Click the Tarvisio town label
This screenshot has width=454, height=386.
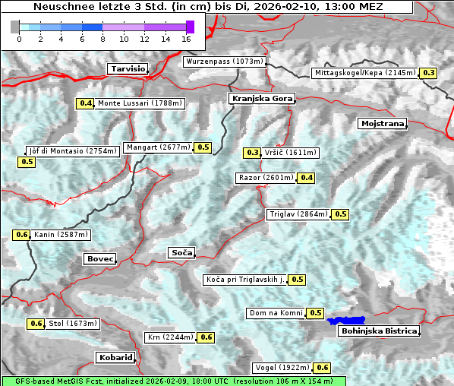(127, 68)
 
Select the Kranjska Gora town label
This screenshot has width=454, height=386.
(260, 99)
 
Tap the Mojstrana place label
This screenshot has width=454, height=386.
(383, 123)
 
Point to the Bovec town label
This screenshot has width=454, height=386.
(99, 259)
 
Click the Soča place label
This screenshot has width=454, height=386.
(181, 252)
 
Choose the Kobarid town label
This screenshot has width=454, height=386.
(115, 357)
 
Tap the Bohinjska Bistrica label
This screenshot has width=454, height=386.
(378, 331)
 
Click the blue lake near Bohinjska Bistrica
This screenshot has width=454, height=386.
(346, 321)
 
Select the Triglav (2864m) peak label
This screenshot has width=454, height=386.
(298, 214)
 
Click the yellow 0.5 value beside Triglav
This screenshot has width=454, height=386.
(340, 214)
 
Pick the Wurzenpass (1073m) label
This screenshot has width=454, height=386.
(225, 62)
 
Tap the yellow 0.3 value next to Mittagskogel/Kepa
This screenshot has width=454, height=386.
(429, 73)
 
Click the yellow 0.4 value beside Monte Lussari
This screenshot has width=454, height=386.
(85, 103)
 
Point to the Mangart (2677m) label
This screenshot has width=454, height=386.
(158, 147)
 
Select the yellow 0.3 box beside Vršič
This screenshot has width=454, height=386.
(252, 153)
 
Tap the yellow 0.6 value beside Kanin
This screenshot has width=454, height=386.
(21, 235)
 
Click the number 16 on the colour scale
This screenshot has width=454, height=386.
(187, 39)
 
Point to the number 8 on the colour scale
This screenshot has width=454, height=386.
(102, 39)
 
